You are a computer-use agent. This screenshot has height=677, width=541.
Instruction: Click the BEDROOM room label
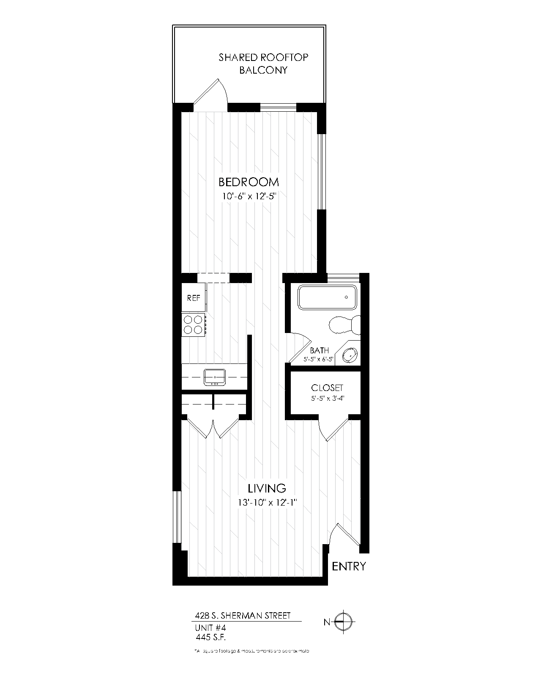click(x=249, y=182)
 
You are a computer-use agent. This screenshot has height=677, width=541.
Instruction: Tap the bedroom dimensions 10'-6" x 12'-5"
click(x=249, y=196)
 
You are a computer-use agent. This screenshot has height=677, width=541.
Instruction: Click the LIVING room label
click(x=267, y=488)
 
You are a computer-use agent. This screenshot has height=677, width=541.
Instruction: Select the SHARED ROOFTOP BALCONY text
click(x=263, y=63)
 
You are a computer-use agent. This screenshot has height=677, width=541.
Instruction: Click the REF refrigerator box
click(x=194, y=298)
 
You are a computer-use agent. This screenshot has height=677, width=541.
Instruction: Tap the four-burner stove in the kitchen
click(x=194, y=325)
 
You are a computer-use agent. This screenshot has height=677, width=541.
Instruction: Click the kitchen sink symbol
click(x=215, y=377)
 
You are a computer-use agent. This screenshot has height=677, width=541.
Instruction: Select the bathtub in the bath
click(x=327, y=297)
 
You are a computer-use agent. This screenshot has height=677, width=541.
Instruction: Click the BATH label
click(x=319, y=351)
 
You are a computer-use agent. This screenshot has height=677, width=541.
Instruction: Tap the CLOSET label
click(x=327, y=388)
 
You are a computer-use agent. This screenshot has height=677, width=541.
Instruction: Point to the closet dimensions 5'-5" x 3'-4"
click(x=327, y=398)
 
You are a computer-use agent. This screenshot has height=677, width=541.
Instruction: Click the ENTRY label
click(x=349, y=567)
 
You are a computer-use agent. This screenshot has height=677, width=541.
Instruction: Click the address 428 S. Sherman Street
click(x=243, y=616)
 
